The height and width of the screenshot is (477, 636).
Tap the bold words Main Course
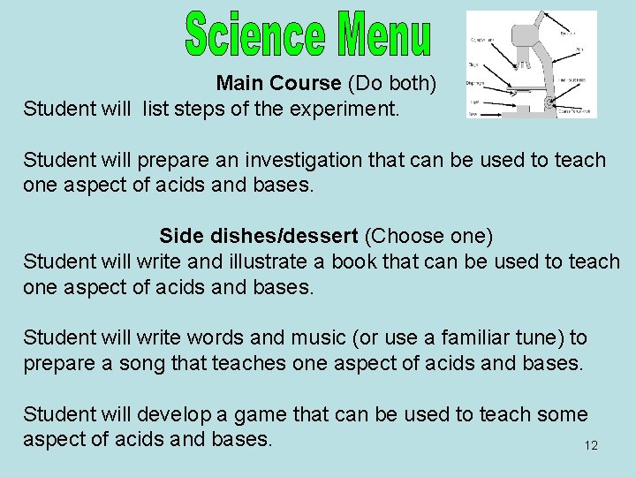[x=278, y=84]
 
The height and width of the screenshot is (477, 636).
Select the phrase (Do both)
[x=391, y=84]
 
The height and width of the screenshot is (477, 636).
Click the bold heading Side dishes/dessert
[x=259, y=237]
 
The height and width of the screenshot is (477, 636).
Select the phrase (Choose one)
[x=429, y=237]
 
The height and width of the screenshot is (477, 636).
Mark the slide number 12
[x=591, y=445]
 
